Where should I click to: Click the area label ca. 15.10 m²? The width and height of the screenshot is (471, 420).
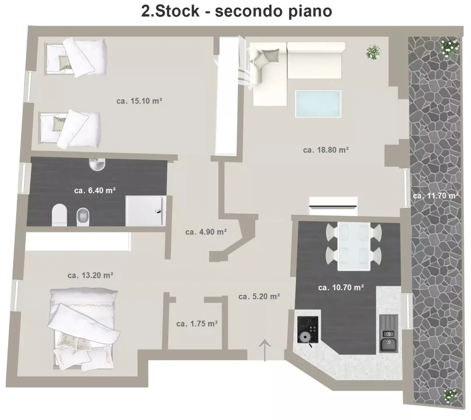coord(139,101)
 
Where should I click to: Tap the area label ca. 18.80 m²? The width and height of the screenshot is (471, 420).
coord(326,150)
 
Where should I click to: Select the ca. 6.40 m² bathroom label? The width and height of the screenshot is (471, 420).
coord(95,190)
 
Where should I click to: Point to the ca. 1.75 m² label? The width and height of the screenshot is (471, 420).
coord(197,324)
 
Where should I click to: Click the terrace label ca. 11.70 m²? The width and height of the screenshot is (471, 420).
coord(436,195)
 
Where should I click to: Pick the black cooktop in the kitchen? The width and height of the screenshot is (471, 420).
coord(308,330)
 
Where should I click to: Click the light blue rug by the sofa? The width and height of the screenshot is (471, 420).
coord(318,104)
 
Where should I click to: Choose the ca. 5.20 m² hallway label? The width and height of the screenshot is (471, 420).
coord(259,297)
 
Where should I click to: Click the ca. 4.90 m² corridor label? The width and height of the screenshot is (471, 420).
coord(206,232)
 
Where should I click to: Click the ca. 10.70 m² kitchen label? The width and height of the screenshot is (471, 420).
coord(341,288)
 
